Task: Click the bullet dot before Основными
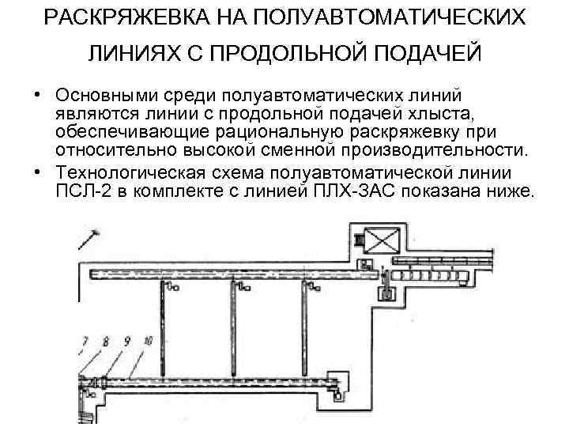click(38, 96)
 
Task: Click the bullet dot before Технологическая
click(38, 173)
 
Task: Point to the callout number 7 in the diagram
click(85, 342)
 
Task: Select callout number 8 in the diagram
click(104, 342)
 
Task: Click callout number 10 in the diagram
click(147, 342)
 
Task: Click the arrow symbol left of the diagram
click(89, 240)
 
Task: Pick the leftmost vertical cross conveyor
click(163, 317)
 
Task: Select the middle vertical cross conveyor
click(233, 317)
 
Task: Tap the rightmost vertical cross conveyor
click(303, 317)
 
